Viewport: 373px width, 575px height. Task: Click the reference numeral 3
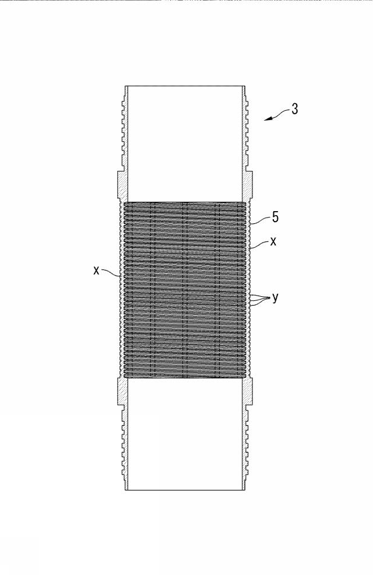(x=294, y=109)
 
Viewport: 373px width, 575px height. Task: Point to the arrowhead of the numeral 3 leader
(x=266, y=119)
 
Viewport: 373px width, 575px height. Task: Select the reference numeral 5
(x=275, y=217)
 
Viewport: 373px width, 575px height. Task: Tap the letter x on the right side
(x=273, y=241)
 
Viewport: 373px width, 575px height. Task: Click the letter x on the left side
(x=96, y=271)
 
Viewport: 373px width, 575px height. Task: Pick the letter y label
(x=275, y=298)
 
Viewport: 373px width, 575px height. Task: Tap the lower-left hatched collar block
(x=122, y=391)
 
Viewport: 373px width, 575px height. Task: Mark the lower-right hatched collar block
(x=248, y=391)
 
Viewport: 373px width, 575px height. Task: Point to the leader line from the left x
(x=110, y=272)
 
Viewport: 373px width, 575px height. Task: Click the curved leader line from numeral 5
(x=261, y=220)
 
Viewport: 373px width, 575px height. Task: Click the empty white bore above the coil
(x=185, y=143)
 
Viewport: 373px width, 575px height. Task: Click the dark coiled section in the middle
(x=185, y=290)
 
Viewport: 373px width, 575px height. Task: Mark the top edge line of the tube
(x=185, y=86)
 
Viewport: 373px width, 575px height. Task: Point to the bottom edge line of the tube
(x=185, y=489)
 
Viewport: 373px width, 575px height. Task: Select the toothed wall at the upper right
(x=246, y=128)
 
